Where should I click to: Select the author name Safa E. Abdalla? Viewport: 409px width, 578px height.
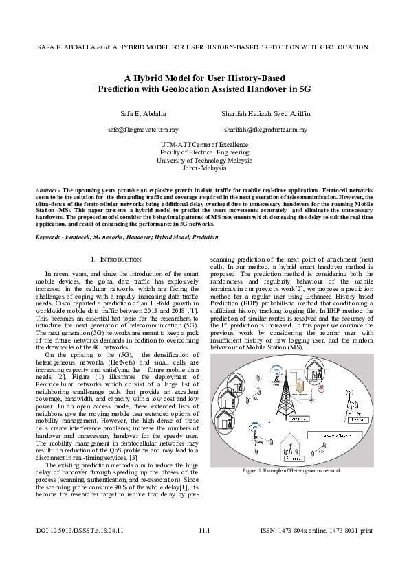(143, 113)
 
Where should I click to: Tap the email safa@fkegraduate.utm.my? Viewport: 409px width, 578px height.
(143, 129)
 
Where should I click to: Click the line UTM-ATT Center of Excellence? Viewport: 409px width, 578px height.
(204, 145)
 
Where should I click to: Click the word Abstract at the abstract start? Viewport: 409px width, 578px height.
(47, 188)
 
